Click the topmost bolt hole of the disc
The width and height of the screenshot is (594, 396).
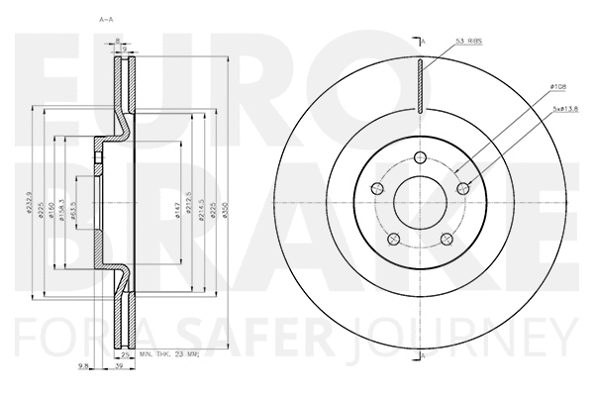[x=421, y=158]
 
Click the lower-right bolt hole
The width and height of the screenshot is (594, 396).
[x=447, y=239]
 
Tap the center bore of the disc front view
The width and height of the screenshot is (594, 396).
[x=421, y=203]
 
